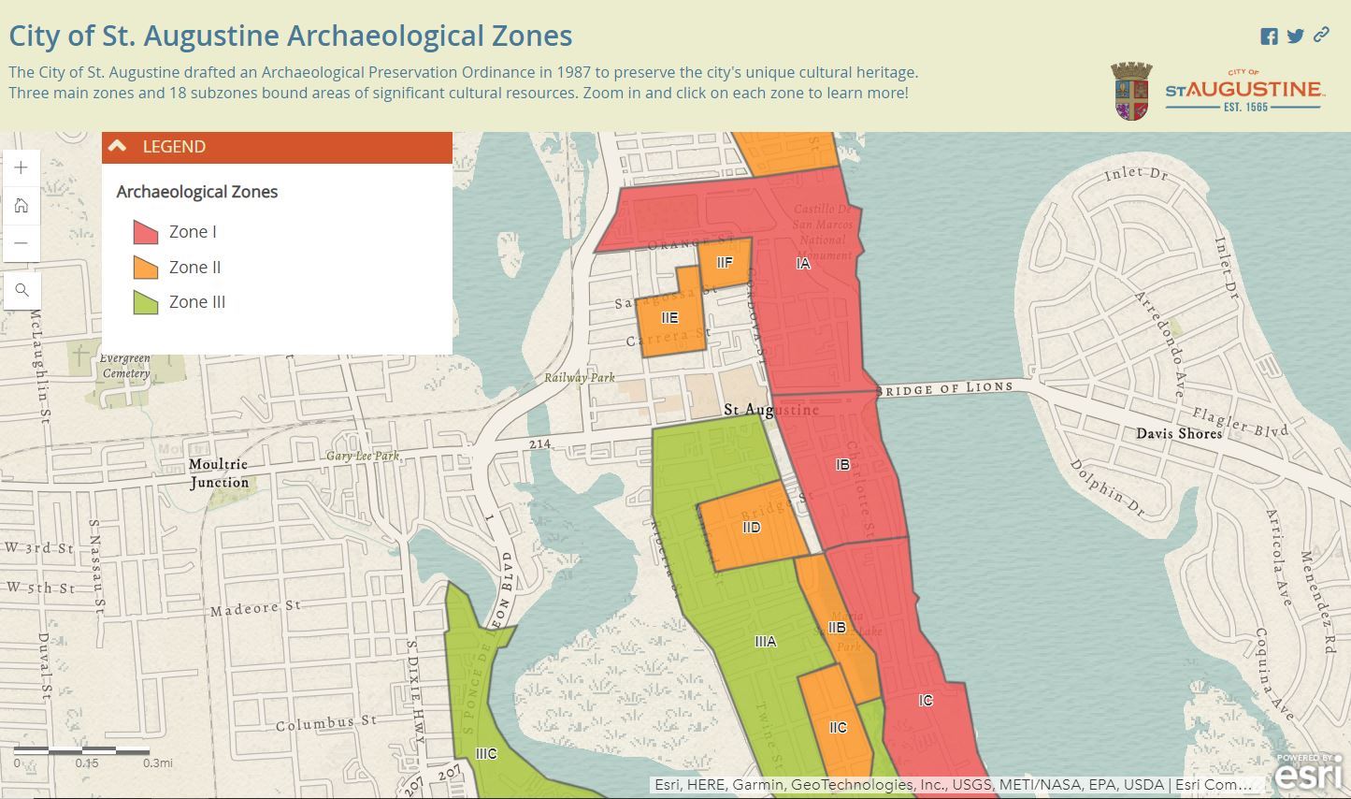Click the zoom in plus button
click(22, 168)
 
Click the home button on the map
click(22, 206)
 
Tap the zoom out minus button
click(22, 243)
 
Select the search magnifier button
click(22, 291)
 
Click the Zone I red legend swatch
click(145, 232)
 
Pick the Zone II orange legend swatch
click(145, 268)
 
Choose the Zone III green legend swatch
click(145, 302)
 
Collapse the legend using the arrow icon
click(118, 147)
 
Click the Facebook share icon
click(1269, 36)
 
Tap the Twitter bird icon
click(1295, 36)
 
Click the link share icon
click(1321, 36)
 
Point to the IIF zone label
click(725, 263)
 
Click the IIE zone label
click(669, 318)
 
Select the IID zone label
click(751, 528)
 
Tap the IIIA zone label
click(765, 642)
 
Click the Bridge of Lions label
click(945, 388)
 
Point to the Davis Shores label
click(1179, 433)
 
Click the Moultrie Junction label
click(219, 473)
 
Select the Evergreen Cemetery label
click(124, 366)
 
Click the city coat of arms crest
click(1131, 91)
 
